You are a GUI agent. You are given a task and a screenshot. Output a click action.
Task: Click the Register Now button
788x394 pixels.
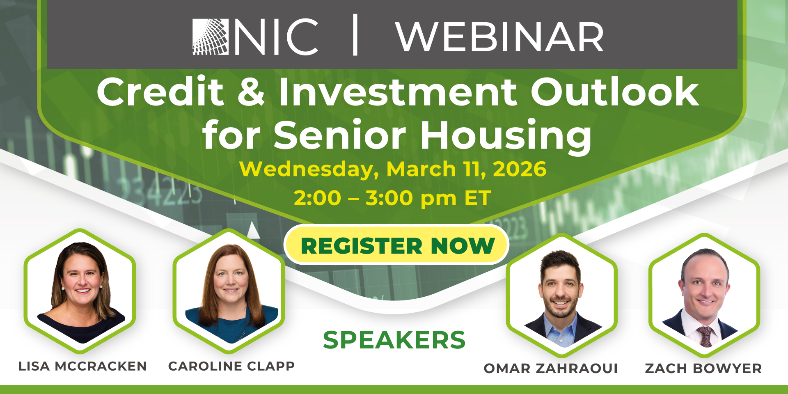(x=396, y=245)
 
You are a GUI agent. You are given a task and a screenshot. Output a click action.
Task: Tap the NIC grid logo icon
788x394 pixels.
(x=210, y=37)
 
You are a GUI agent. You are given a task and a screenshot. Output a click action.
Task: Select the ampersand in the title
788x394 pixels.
(x=251, y=92)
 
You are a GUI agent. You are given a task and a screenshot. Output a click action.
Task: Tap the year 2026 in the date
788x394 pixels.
(x=520, y=169)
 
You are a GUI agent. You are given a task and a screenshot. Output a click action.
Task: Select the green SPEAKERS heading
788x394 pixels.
(x=394, y=340)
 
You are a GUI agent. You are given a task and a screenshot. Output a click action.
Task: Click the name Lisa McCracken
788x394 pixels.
(x=82, y=366)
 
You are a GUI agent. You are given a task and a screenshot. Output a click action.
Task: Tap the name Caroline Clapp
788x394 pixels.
(x=231, y=366)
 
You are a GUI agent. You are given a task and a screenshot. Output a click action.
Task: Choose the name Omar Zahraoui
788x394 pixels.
(x=551, y=368)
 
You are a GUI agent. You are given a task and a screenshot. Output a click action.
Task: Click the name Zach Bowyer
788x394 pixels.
(x=703, y=368)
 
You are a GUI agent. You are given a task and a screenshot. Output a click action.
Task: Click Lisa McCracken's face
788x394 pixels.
(x=82, y=277)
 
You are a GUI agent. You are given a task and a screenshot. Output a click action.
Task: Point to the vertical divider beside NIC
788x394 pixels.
(x=355, y=35)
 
